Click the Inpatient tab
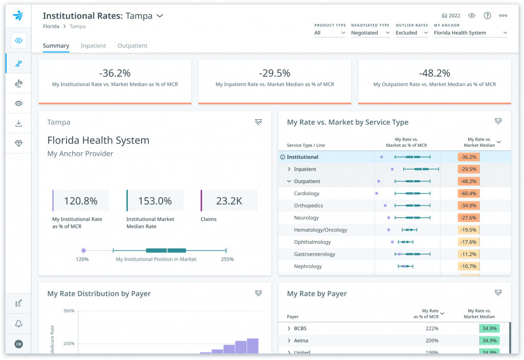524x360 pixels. point(93,46)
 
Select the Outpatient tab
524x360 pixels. point(133,46)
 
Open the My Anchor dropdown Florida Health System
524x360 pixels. point(470,33)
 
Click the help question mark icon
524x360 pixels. point(487,16)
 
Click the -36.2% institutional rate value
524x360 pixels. point(115,73)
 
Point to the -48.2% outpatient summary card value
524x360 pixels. point(434,73)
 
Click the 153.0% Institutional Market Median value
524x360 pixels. point(155,201)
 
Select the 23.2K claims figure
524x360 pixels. point(229,201)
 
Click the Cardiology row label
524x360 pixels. point(307,194)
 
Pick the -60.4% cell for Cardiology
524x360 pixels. point(468,194)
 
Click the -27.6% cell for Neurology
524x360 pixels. point(468,218)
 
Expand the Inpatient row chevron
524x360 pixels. point(289,170)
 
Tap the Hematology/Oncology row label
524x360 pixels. point(320,230)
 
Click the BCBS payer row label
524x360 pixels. point(300,329)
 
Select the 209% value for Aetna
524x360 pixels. point(431,341)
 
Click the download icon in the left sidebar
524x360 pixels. point(18,123)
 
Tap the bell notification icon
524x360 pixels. point(18,324)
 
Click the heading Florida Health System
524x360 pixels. point(98,140)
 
